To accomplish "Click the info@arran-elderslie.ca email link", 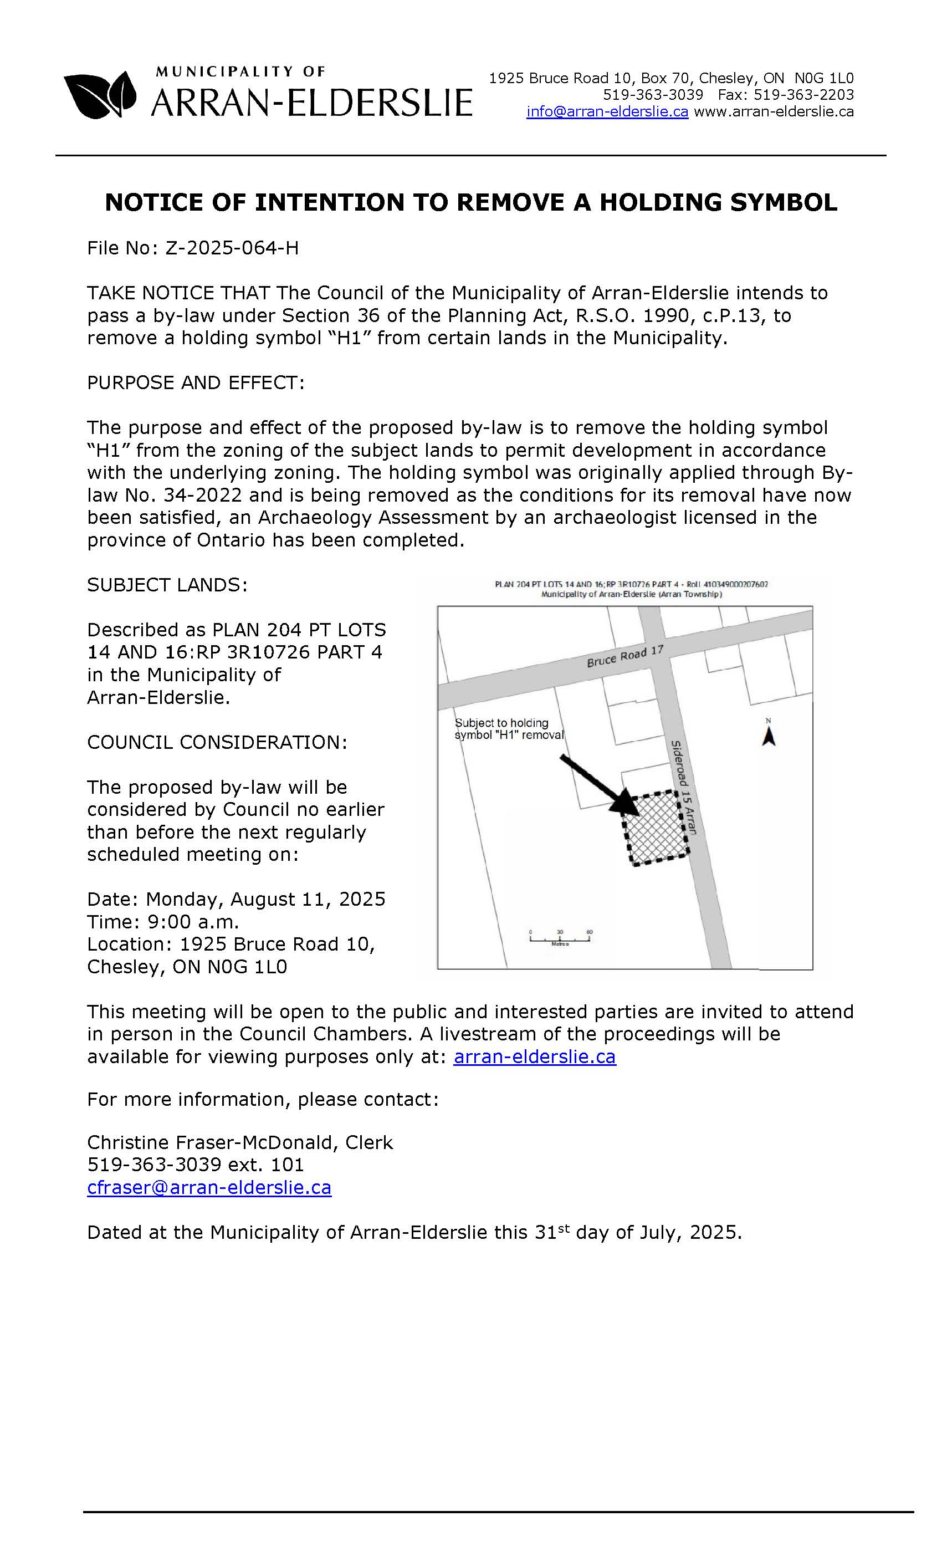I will tap(607, 112).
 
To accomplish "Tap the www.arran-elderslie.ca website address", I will tap(773, 112).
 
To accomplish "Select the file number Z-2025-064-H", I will tap(232, 248).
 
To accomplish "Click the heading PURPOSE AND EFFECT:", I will tap(195, 383).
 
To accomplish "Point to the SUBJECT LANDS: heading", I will tap(167, 585).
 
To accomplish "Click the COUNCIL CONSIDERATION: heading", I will tap(217, 743).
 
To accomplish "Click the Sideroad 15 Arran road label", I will tap(684, 787).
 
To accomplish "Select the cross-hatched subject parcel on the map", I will tap(656, 828).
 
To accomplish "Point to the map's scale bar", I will tap(560, 938).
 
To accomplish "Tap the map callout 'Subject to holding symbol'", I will tap(509, 729).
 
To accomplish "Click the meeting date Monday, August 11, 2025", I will tap(265, 899).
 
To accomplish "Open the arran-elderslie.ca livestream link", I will tap(534, 1056).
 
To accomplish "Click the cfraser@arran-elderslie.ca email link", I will tap(209, 1187).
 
